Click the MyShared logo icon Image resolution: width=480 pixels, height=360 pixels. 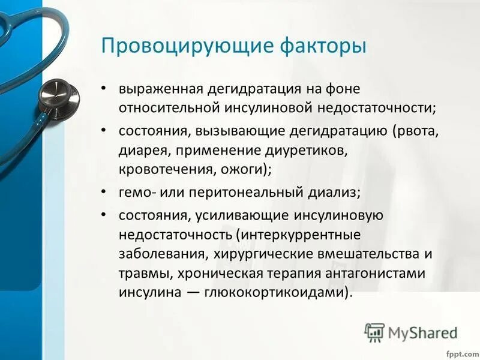374,332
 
